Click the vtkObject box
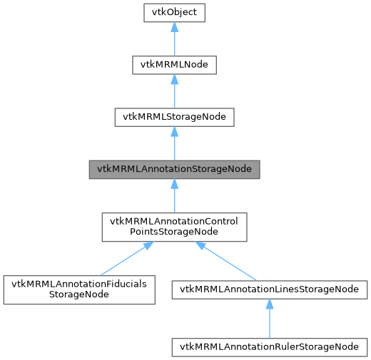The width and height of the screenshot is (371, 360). point(175,13)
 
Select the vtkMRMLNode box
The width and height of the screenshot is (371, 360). point(175,65)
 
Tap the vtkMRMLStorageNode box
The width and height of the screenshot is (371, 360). point(175,118)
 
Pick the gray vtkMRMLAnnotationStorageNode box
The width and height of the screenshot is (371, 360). point(175,170)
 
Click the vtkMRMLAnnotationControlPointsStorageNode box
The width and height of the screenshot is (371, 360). point(175,227)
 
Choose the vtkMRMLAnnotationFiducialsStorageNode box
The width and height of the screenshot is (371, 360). point(79,290)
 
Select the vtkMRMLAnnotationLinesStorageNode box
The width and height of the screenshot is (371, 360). point(269,289)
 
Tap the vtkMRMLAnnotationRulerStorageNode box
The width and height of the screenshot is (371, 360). point(269,346)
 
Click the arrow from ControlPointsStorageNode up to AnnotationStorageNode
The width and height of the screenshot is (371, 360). point(175,197)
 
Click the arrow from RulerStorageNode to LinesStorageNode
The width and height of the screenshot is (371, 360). point(269,320)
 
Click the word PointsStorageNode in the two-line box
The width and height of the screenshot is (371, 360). point(175,233)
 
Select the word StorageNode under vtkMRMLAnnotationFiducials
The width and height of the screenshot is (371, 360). point(79,296)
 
